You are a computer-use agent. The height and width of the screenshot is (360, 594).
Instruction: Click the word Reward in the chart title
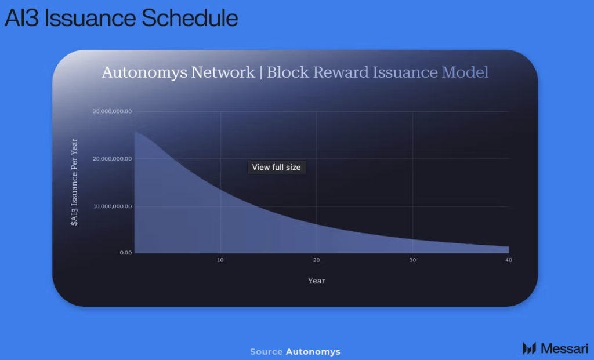tap(341, 72)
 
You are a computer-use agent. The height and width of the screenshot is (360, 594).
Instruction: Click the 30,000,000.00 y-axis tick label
tap(112, 111)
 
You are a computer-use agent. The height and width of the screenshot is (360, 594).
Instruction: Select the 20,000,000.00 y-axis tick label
tap(112, 159)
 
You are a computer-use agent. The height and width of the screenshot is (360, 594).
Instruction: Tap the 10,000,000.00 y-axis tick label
tap(112, 206)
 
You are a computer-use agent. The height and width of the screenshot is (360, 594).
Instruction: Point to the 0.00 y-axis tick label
tap(126, 253)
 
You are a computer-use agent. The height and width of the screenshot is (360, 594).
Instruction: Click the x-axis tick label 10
tap(220, 260)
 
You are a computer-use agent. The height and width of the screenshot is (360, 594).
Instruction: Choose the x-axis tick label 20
tap(317, 260)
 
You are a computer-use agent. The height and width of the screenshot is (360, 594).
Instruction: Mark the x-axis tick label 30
tap(412, 260)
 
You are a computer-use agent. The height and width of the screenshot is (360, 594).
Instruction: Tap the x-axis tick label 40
tap(508, 260)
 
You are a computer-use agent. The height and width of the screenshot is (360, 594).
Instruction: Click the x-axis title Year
tap(316, 281)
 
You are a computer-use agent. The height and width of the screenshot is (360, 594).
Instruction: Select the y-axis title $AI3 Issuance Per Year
tap(75, 182)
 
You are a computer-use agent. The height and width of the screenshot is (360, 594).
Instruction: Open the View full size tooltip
tap(277, 167)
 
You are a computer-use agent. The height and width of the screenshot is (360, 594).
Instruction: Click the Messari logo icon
tap(528, 348)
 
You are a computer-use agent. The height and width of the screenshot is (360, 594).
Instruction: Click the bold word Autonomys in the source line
tap(313, 352)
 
